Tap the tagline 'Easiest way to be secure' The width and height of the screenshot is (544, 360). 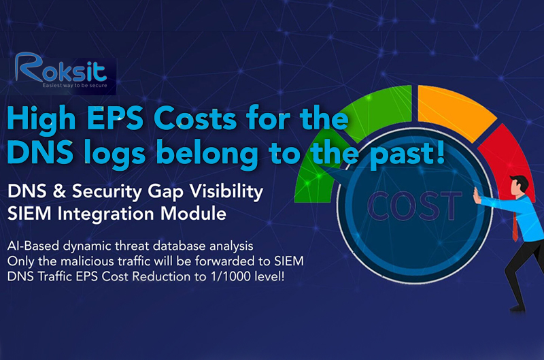(x=75, y=85)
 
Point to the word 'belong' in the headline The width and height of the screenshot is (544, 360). (x=207, y=155)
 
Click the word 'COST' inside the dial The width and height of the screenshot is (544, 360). (x=415, y=206)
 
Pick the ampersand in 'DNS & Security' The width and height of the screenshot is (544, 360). (x=59, y=191)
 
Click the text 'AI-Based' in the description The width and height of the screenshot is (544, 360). (x=33, y=246)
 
